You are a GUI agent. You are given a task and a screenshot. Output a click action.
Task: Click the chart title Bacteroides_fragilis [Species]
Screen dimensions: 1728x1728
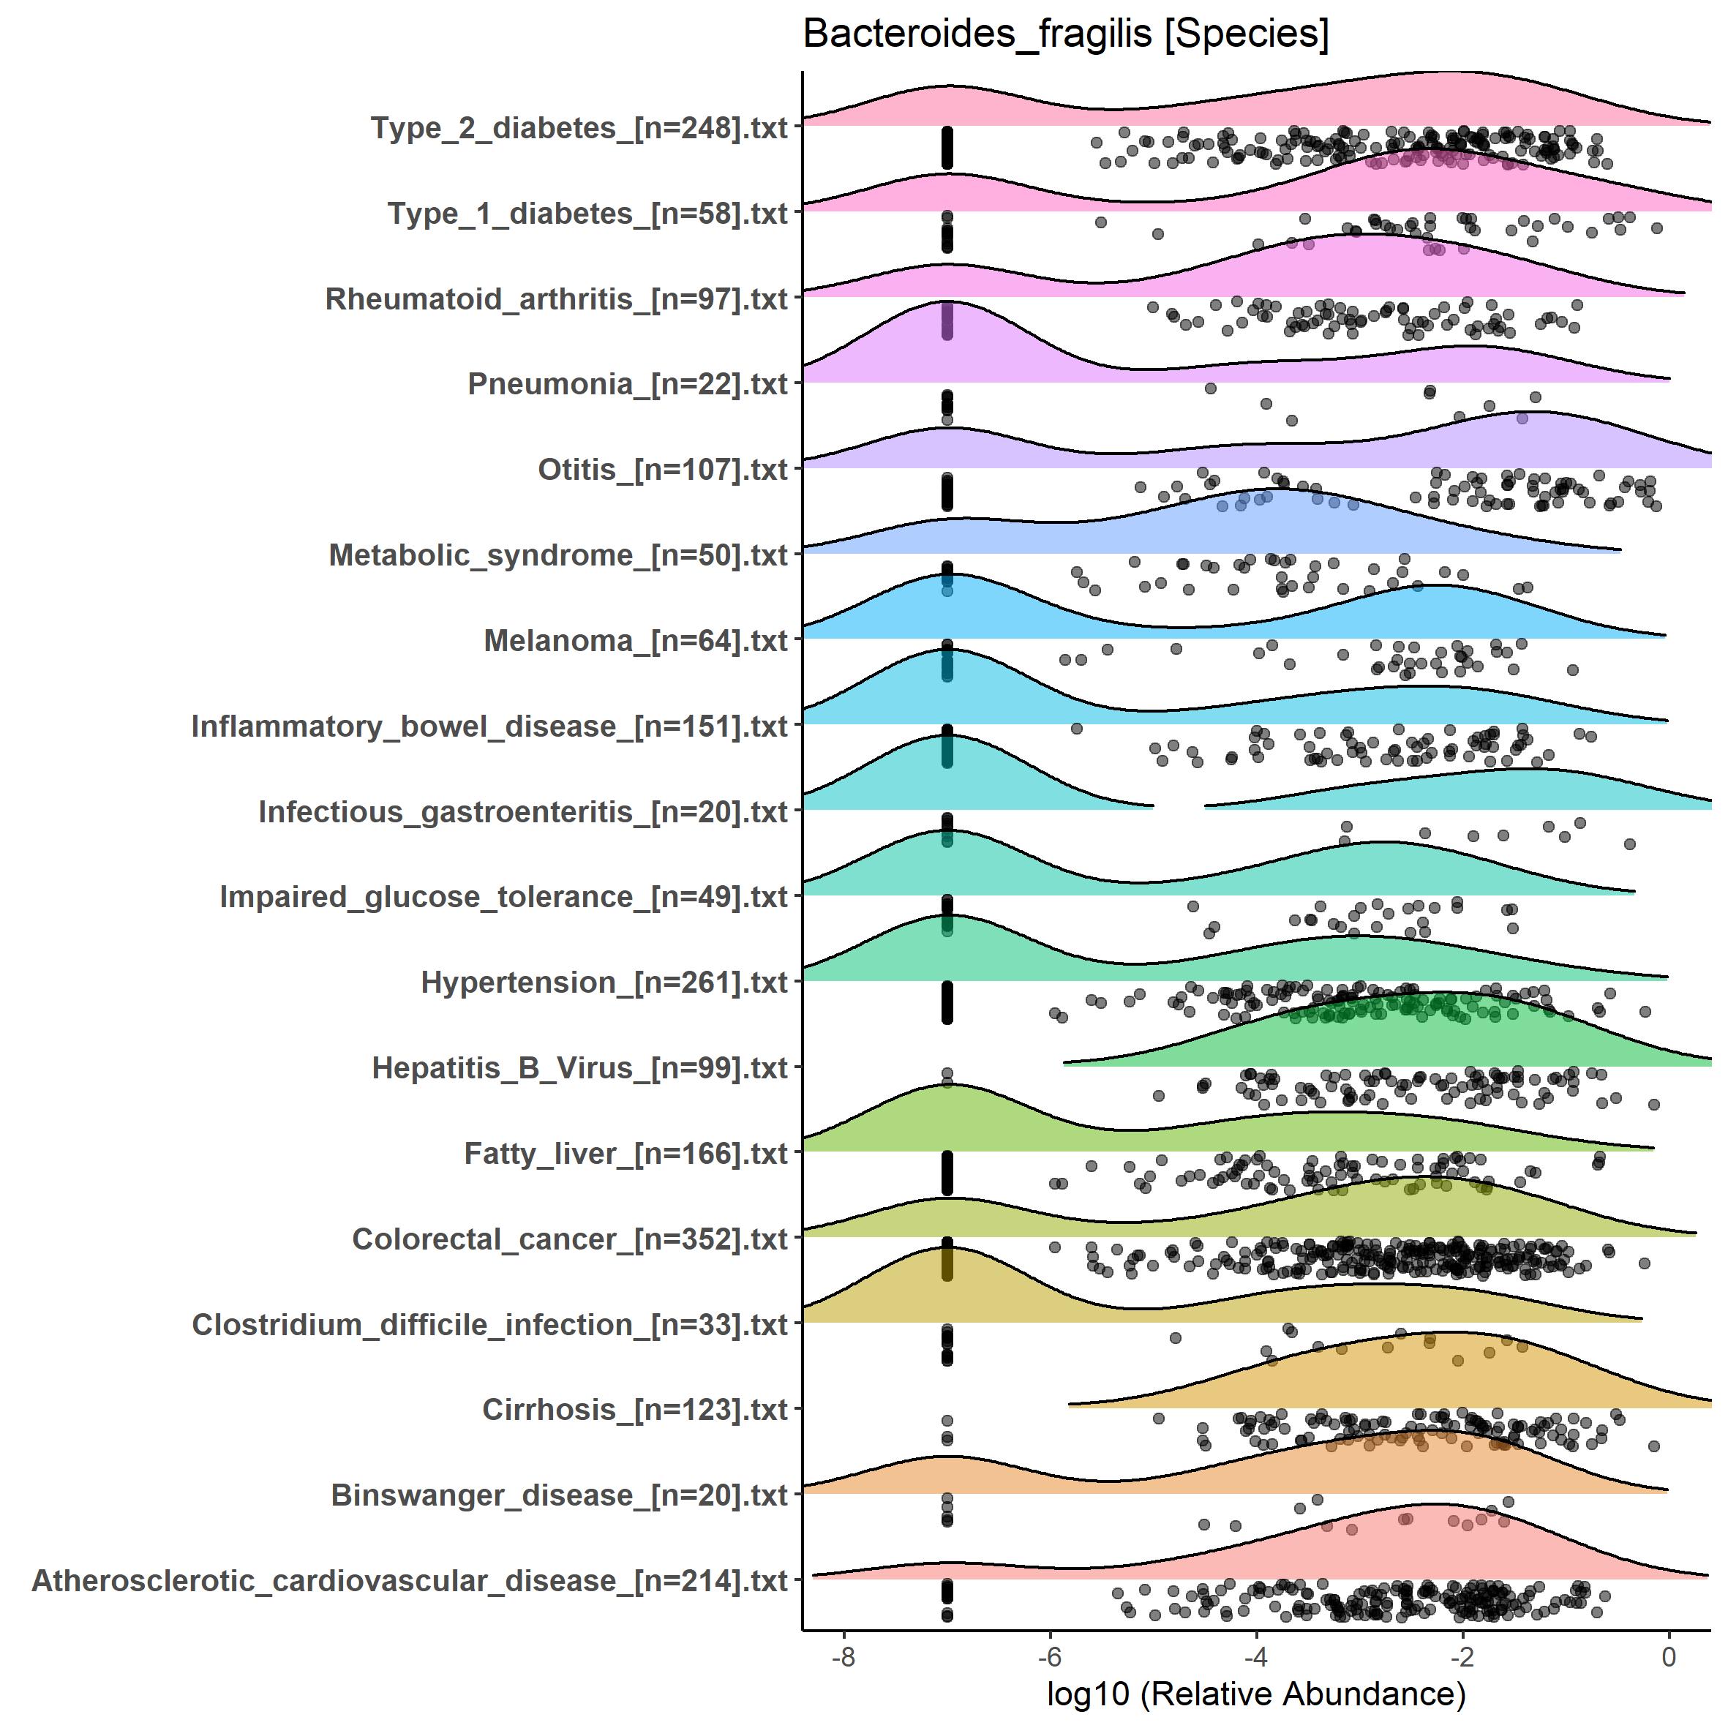1065,35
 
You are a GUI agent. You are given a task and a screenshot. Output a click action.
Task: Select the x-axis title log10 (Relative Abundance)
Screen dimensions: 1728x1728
1255,1693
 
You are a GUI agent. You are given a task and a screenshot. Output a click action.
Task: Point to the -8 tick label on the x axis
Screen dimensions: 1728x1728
843,1657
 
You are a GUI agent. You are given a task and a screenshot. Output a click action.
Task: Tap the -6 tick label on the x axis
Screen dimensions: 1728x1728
1049,1657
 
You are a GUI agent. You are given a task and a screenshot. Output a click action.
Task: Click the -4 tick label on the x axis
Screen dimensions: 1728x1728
1255,1657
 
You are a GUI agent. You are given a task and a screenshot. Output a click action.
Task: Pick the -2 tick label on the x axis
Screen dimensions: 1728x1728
1462,1657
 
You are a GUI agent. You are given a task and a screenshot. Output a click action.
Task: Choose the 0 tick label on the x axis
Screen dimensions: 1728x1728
1668,1657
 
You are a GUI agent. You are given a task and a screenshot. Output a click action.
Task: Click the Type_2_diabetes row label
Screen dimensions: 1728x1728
579,128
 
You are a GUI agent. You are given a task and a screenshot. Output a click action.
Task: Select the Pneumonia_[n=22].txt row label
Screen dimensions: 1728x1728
628,385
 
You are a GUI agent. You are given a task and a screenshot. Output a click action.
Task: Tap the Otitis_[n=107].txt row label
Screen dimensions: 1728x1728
663,470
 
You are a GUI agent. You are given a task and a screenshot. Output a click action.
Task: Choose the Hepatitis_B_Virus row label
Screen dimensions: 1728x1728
579,1068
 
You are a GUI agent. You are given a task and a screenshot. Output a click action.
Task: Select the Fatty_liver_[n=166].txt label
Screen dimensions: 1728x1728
626,1154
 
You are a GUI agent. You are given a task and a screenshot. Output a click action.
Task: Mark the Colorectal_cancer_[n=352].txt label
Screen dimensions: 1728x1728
570,1239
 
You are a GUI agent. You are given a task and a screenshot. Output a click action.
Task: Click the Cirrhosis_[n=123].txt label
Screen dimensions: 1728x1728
635,1410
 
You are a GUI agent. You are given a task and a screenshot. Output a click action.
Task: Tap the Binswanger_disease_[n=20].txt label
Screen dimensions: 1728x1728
559,1495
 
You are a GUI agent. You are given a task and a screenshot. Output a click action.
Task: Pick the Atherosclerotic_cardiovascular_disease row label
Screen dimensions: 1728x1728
410,1581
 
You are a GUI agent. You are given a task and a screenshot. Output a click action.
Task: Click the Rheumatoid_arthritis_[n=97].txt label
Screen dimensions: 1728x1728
556,298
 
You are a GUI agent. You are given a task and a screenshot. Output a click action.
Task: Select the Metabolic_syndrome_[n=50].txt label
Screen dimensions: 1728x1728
558,555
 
